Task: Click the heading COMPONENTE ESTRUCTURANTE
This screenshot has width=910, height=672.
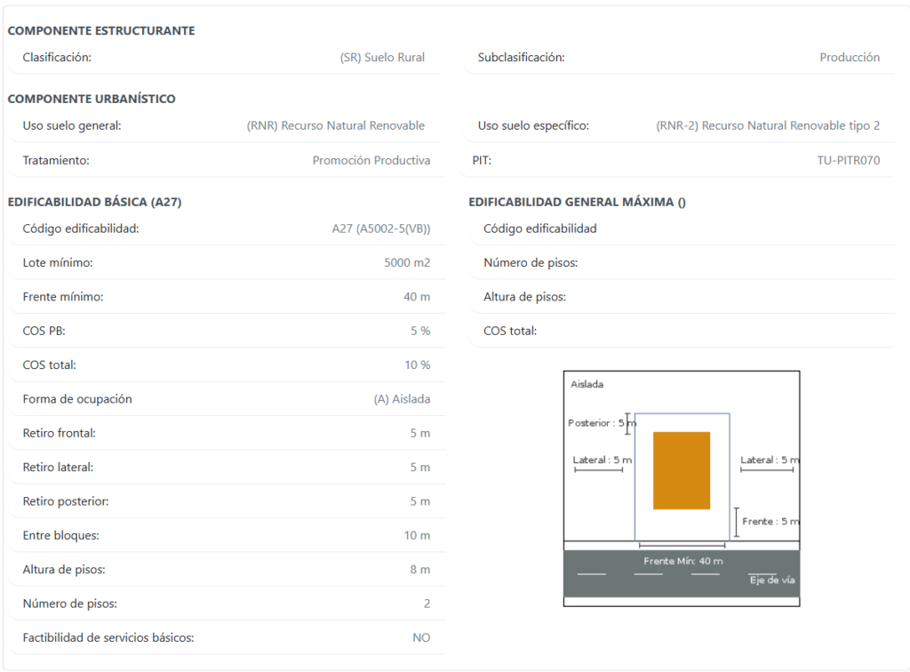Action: pyautogui.click(x=101, y=31)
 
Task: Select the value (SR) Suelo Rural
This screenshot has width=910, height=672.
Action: pyautogui.click(x=382, y=58)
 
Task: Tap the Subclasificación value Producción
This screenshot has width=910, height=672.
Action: pyautogui.click(x=850, y=58)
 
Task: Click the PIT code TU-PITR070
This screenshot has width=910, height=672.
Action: pyautogui.click(x=849, y=160)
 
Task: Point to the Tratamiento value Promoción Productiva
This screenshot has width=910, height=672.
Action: pyautogui.click(x=371, y=160)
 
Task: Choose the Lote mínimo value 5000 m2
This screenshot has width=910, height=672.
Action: pyautogui.click(x=407, y=263)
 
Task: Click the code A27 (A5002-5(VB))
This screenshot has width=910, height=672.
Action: pyautogui.click(x=381, y=228)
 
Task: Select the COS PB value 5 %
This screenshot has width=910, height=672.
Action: pyautogui.click(x=420, y=331)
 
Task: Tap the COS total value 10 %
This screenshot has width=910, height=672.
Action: pyautogui.click(x=418, y=365)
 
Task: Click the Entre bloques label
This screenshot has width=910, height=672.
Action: pyautogui.click(x=61, y=536)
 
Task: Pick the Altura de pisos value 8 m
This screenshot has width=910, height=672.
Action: pyautogui.click(x=420, y=570)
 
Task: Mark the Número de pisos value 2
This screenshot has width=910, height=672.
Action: pyautogui.click(x=427, y=604)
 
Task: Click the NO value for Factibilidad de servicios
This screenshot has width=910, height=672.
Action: pyautogui.click(x=421, y=637)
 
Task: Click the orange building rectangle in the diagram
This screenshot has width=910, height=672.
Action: pyautogui.click(x=682, y=470)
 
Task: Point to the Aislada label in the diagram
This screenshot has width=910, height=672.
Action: pyautogui.click(x=587, y=384)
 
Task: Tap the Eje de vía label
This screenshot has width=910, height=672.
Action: pyautogui.click(x=772, y=580)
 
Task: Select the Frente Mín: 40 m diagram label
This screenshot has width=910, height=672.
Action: pyautogui.click(x=683, y=561)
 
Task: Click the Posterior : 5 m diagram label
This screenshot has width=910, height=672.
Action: pyautogui.click(x=602, y=423)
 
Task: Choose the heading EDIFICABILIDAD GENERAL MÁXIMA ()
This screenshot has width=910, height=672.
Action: pyautogui.click(x=577, y=202)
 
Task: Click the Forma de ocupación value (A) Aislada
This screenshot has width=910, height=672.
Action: pyautogui.click(x=403, y=399)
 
